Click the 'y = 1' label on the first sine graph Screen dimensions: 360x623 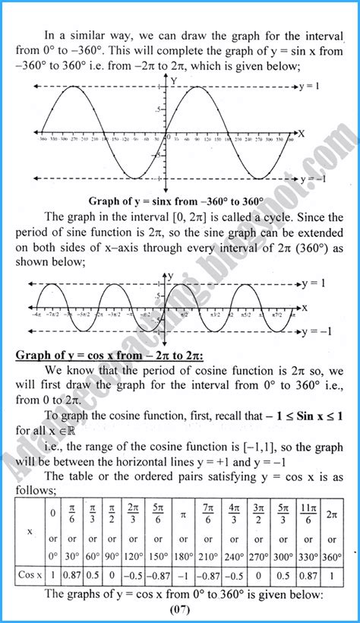[x=312, y=87]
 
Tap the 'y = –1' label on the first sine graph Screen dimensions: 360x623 [x=314, y=179]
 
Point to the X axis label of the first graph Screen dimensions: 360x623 [x=302, y=133]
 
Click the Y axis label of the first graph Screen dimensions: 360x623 [x=175, y=80]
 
